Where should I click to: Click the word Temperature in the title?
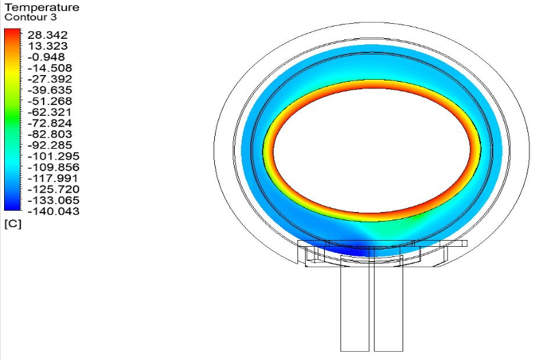click(x=42, y=7)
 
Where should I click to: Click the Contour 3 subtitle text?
click(x=31, y=17)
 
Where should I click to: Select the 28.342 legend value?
click(x=48, y=35)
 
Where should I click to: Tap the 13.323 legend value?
click(x=48, y=46)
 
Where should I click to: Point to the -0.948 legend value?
click(x=46, y=57)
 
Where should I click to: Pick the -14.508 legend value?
click(x=50, y=68)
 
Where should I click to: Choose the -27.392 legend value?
click(x=50, y=79)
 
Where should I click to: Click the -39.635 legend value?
click(x=50, y=90)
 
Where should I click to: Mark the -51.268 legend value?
click(x=50, y=101)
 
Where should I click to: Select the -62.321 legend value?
click(x=50, y=112)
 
